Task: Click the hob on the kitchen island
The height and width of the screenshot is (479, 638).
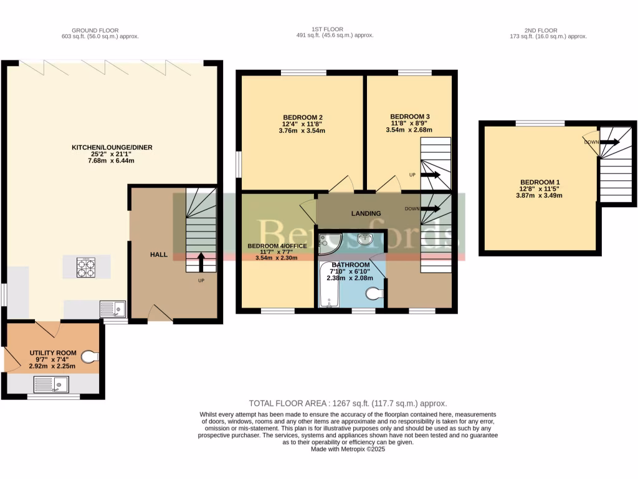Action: coord(87,268)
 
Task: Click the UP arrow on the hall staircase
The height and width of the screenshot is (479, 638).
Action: coord(201,262)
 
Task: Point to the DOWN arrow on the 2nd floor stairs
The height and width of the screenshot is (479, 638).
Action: coord(611,142)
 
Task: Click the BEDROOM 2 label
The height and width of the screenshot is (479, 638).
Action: coord(302,117)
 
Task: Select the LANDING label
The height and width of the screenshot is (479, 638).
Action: coord(366,214)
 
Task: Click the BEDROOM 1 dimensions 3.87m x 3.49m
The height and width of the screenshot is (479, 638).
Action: coord(540,195)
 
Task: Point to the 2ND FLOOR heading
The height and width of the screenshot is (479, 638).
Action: coord(540,30)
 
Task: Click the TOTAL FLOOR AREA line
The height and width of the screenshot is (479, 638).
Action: coord(348,404)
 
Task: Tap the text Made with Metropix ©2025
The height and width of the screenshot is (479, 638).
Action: coord(348,448)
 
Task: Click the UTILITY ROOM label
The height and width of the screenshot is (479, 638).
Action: coord(53,353)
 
